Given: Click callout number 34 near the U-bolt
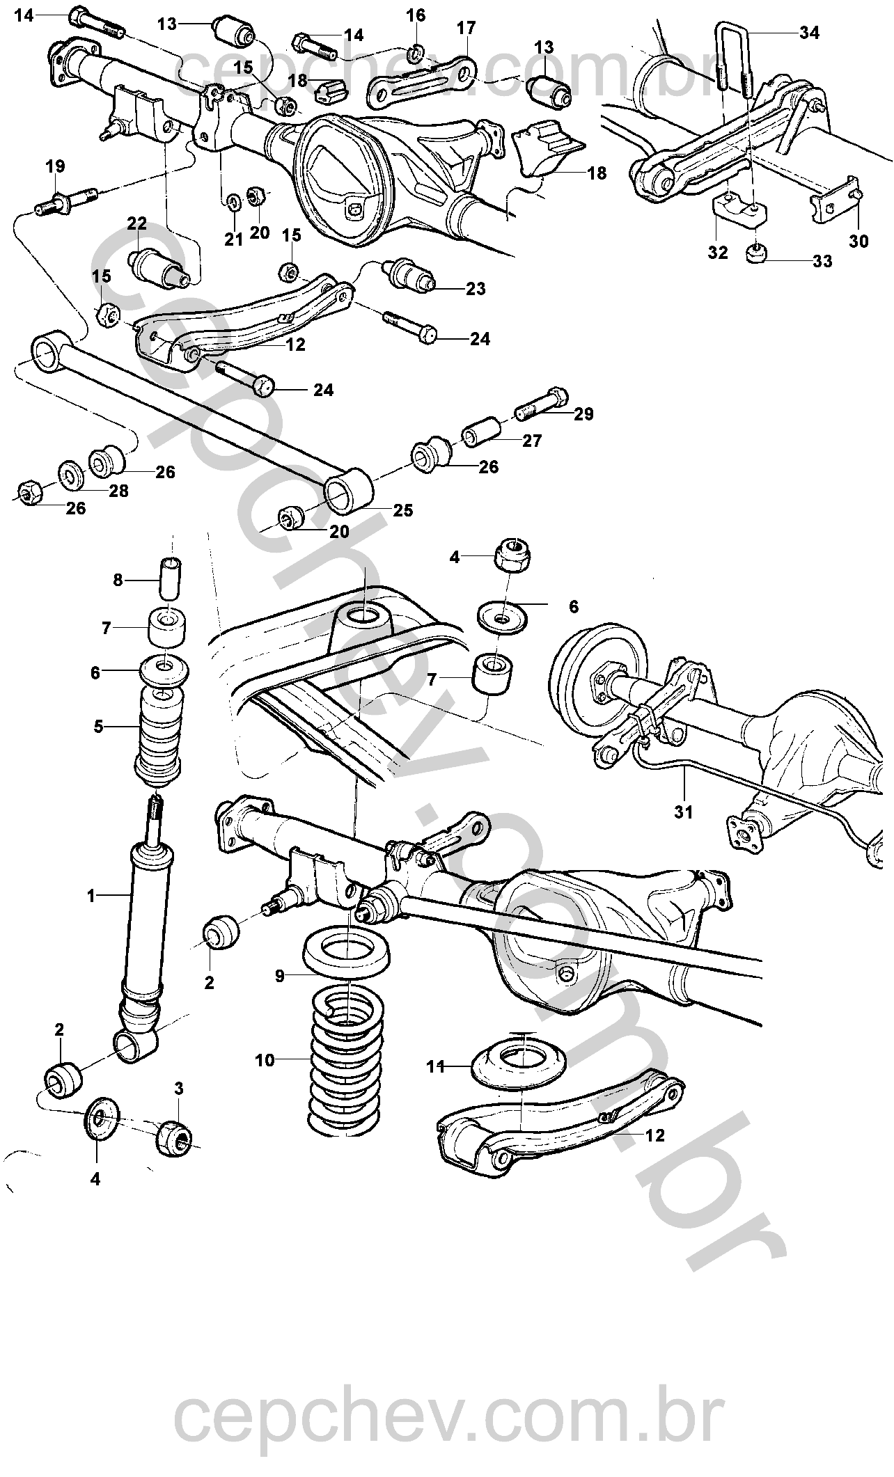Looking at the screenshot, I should click(809, 32).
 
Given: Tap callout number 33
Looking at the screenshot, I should click(822, 261).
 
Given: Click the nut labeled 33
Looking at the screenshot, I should click(758, 253).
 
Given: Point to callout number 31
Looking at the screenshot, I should click(683, 812).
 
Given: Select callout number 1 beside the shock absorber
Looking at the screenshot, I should click(91, 896).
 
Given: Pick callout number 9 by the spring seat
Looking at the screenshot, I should click(279, 976).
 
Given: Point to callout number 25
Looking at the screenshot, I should click(402, 510).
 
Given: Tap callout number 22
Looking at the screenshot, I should click(136, 223).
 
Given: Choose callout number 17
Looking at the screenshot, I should click(466, 28).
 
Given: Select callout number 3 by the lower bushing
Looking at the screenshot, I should click(179, 1089).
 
